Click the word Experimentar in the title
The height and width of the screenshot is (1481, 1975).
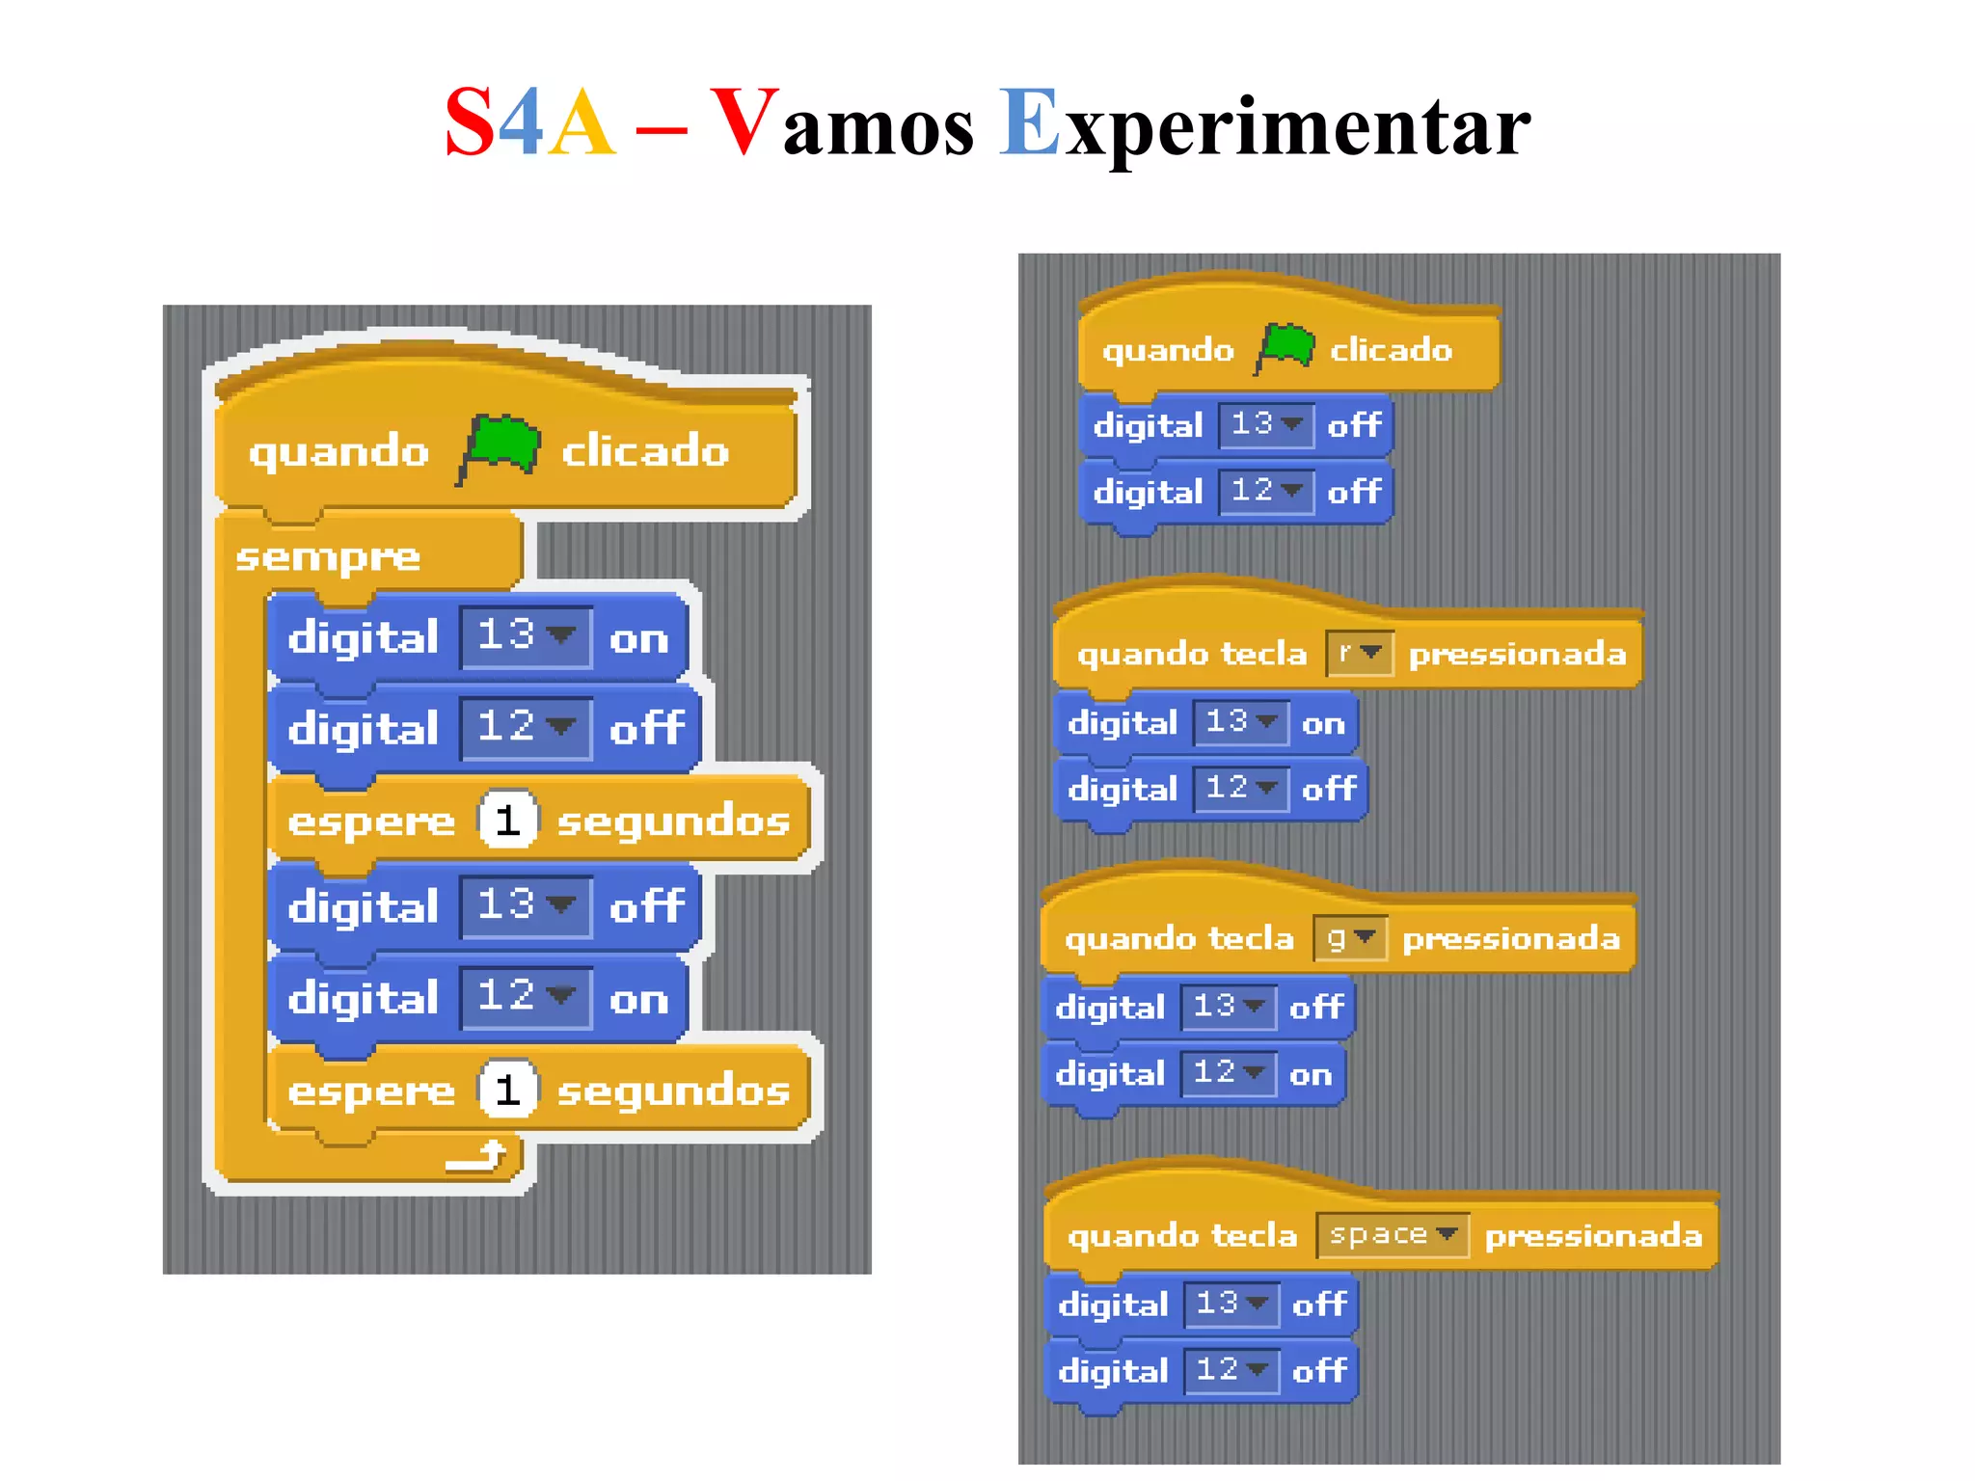coord(1264,125)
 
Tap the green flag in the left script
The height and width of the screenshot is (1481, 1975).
coord(500,447)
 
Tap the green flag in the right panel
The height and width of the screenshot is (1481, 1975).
coord(1286,347)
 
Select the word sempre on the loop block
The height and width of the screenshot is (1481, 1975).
coord(328,557)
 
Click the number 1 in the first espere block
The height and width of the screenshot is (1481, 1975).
coord(507,821)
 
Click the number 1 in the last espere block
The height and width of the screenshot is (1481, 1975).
coord(507,1091)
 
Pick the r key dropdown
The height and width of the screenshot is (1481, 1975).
coord(1359,654)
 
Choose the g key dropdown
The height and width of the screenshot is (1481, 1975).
coord(1350,937)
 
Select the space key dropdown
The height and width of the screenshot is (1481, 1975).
coord(1392,1235)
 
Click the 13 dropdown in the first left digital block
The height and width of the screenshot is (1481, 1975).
coord(526,636)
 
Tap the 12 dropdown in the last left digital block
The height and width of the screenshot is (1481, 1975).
coord(526,997)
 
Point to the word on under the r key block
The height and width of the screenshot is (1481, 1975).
coord(1322,723)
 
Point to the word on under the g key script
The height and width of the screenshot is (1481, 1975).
coord(1310,1074)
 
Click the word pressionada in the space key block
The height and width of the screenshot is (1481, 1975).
coord(1593,1236)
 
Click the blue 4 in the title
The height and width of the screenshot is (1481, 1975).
coord(521,122)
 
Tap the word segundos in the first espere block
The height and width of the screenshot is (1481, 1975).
coord(673,821)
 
